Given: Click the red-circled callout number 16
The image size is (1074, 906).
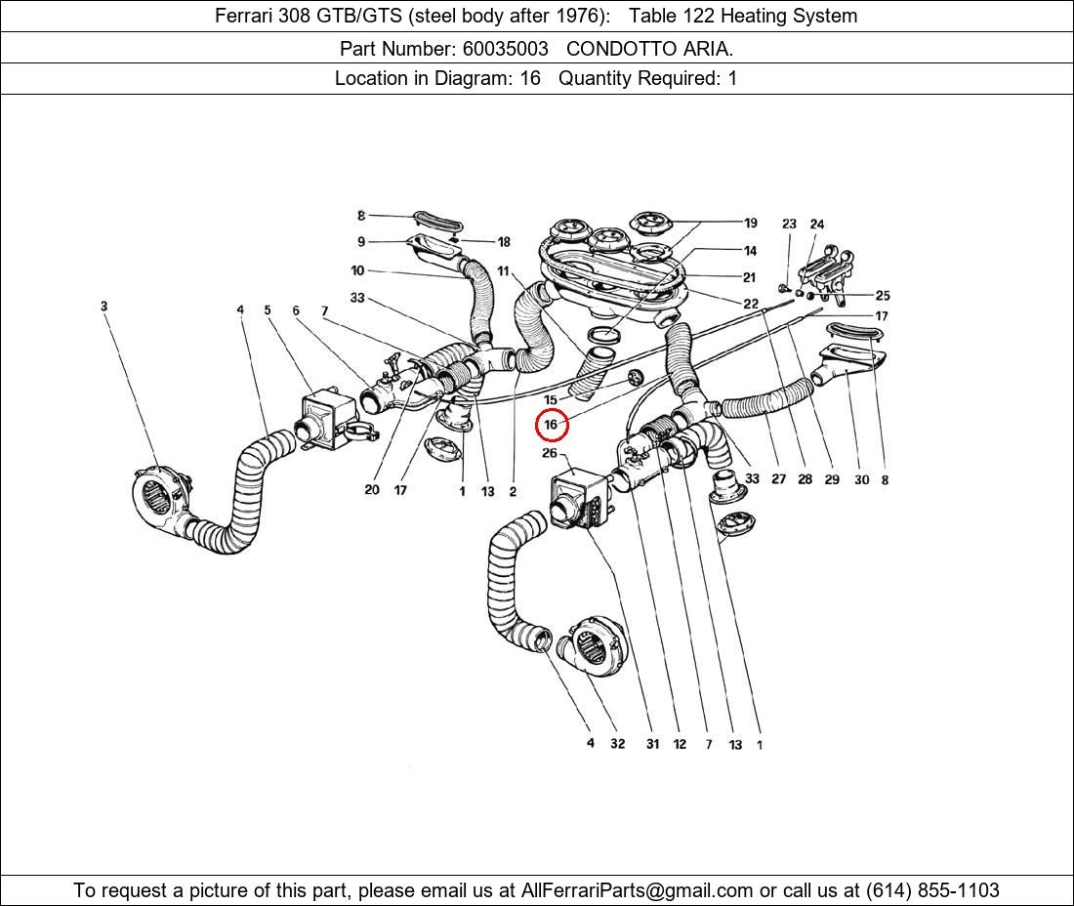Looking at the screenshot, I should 551,425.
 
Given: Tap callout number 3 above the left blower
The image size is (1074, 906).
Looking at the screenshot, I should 103,307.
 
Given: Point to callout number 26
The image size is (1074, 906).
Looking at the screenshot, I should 550,453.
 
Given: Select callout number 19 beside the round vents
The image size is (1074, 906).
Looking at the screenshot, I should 750,223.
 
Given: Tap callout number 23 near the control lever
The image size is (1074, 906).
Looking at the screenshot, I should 789,225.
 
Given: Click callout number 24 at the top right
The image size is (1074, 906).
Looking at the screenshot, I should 816,225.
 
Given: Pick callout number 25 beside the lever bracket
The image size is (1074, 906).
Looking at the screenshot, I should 882,295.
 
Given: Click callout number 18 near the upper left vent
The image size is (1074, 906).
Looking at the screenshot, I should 504,242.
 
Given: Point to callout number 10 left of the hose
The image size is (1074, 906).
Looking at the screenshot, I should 357,270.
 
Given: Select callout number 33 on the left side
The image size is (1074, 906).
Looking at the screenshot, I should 357,298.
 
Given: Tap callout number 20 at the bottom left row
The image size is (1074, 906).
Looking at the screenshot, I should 371,490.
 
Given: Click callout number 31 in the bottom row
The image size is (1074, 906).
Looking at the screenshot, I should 652,744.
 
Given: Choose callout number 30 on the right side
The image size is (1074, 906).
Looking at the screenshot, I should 860,479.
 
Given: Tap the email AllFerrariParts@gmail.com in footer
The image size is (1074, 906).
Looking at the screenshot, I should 638,890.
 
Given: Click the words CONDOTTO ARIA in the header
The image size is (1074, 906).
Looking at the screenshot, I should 649,47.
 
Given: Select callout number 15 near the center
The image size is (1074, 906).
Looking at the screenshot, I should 551,400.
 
